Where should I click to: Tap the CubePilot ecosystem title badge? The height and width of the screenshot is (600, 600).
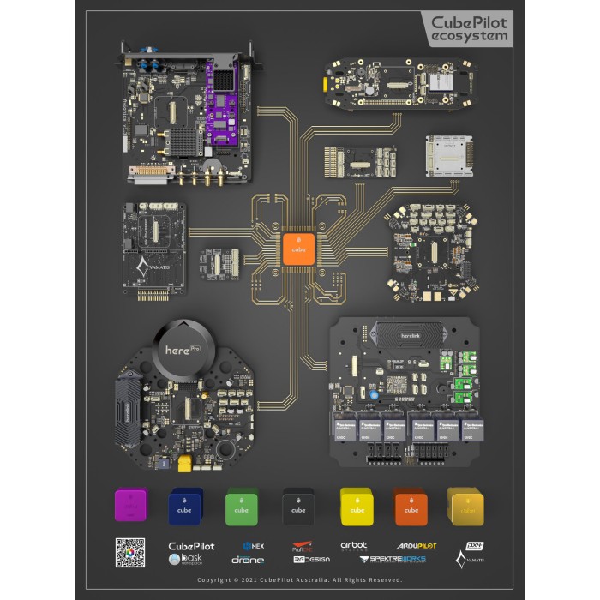(469, 28)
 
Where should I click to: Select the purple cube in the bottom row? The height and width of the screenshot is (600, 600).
(131, 505)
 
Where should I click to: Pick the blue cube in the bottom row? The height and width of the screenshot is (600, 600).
(185, 505)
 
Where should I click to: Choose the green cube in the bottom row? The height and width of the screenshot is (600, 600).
(242, 505)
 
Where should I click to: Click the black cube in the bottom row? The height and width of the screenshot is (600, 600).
(298, 505)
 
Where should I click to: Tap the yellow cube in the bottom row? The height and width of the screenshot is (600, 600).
(355, 505)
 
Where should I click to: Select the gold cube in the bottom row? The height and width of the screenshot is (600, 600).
(466, 505)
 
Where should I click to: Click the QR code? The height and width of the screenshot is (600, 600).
(130, 552)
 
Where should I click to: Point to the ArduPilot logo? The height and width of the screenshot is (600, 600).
(417, 545)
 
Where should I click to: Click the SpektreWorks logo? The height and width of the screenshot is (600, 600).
(393, 559)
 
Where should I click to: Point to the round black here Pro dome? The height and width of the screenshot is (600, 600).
(181, 349)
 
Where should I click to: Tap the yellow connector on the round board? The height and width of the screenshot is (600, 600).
(183, 463)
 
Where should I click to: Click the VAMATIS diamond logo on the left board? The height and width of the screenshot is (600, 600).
(143, 268)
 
